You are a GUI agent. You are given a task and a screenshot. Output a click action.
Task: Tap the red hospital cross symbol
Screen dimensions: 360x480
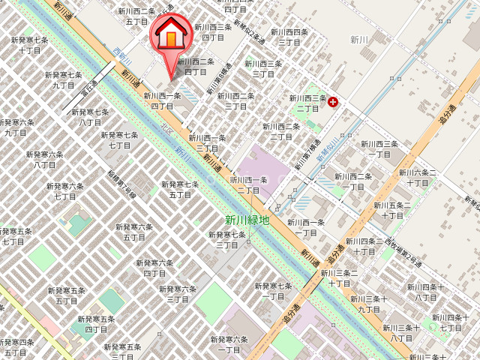(x=333, y=101)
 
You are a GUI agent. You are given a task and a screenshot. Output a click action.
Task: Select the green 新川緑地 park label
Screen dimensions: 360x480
(x=247, y=220)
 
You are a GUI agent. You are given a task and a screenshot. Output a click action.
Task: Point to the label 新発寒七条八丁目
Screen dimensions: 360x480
(x=90, y=116)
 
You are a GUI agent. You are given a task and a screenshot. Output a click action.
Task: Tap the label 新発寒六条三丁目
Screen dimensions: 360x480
(x=178, y=293)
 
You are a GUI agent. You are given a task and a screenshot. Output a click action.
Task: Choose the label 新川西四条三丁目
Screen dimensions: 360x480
(x=289, y=37)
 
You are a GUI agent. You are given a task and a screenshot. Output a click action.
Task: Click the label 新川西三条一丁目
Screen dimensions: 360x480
(x=379, y=148)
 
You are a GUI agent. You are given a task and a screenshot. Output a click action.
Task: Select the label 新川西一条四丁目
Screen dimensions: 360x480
(x=162, y=100)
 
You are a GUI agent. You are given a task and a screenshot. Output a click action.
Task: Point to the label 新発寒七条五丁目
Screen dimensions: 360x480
(x=180, y=189)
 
